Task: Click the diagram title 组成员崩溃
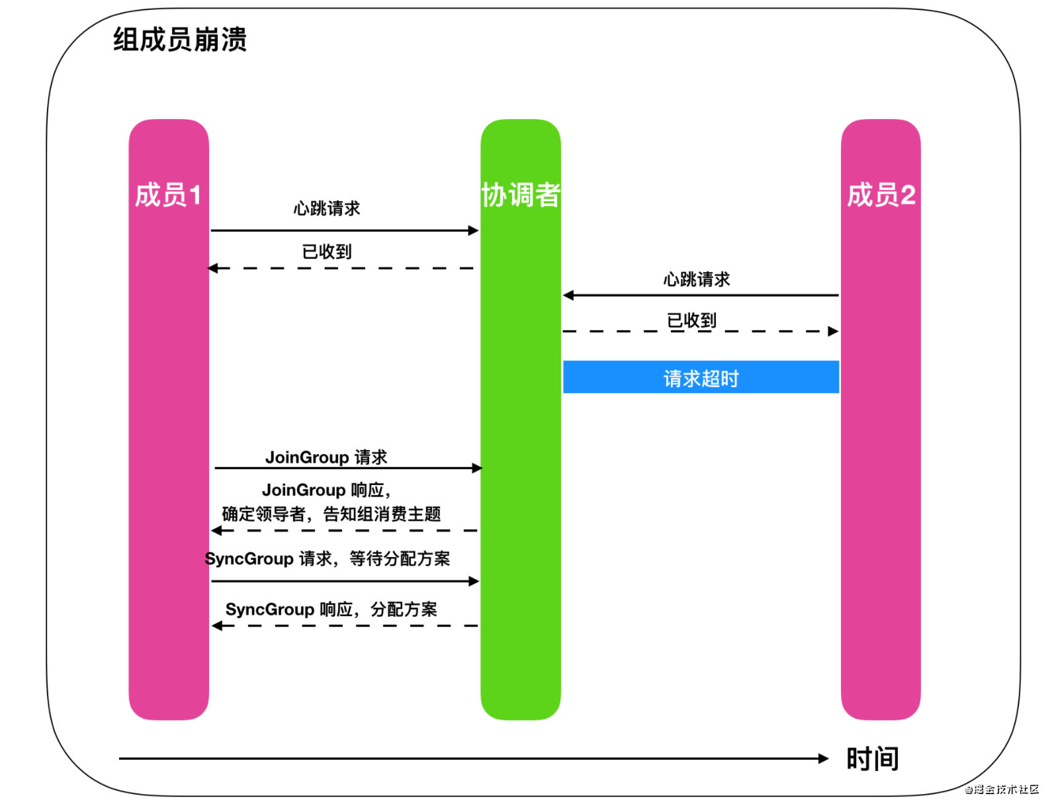pyautogui.click(x=179, y=40)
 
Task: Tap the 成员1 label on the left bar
pyautogui.click(x=168, y=195)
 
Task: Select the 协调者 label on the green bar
pyautogui.click(x=521, y=195)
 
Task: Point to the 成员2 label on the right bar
pyautogui.click(x=881, y=195)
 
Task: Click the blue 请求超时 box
pyautogui.click(x=701, y=377)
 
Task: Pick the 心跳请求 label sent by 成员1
pyautogui.click(x=327, y=208)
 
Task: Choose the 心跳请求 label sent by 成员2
pyautogui.click(x=697, y=279)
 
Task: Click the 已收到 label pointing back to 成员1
pyautogui.click(x=327, y=251)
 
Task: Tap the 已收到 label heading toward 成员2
pyautogui.click(x=691, y=321)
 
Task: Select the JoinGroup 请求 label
pyautogui.click(x=326, y=457)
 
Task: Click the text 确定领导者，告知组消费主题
pyautogui.click(x=331, y=514)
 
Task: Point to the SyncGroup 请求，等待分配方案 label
pyautogui.click(x=328, y=559)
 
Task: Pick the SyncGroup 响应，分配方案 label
pyautogui.click(x=331, y=609)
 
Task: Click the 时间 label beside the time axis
pyautogui.click(x=872, y=758)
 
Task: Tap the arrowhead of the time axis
pyautogui.click(x=824, y=758)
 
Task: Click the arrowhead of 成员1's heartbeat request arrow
pyautogui.click(x=474, y=230)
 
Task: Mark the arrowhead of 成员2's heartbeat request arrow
pyautogui.click(x=568, y=295)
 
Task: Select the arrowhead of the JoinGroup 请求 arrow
pyautogui.click(x=478, y=468)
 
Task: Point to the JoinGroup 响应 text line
pyautogui.click(x=326, y=490)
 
